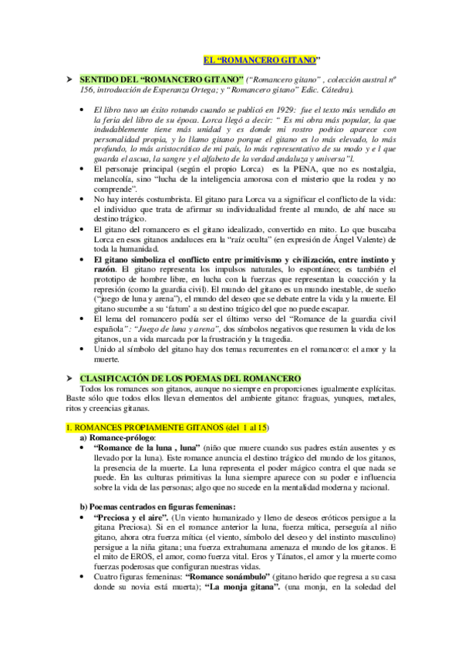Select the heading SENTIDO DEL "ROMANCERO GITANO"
[162, 79]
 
